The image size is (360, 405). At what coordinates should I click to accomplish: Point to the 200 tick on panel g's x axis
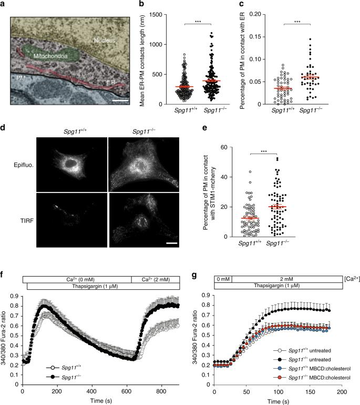tap(342, 386)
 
